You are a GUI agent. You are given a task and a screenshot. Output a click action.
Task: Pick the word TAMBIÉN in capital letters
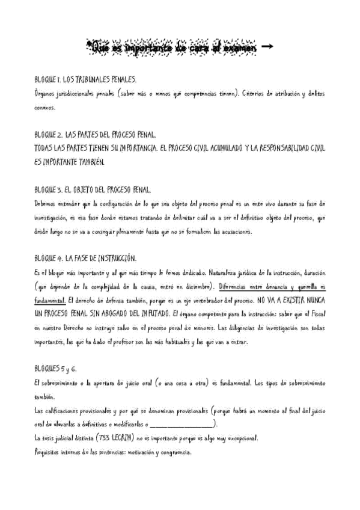click(x=87, y=162)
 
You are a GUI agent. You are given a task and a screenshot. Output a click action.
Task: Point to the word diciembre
click(x=195, y=286)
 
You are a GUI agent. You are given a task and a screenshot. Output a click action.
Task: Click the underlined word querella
click(x=304, y=286)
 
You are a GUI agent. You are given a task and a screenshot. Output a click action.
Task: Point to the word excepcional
click(x=239, y=438)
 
